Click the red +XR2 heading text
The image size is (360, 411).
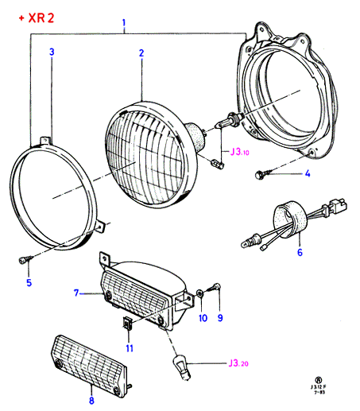tap(37, 18)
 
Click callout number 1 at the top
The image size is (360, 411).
tap(124, 23)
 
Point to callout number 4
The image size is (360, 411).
tap(308, 173)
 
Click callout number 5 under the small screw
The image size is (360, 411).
tap(29, 282)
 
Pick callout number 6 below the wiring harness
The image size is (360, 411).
tap(300, 252)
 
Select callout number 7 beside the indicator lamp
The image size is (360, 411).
tap(76, 293)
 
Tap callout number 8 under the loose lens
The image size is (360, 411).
tap(91, 400)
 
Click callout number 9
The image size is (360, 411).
tap(220, 318)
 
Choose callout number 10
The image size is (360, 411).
tap(203, 318)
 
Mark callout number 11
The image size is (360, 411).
tap(130, 348)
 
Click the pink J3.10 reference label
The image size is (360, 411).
tap(239, 152)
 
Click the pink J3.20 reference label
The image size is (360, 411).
tap(238, 363)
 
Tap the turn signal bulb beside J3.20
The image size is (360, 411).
tap(181, 368)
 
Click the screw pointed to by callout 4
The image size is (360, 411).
tap(262, 175)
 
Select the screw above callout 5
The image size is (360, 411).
tap(25, 259)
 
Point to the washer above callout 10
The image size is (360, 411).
tap(199, 293)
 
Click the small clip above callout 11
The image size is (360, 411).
tap(127, 323)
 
